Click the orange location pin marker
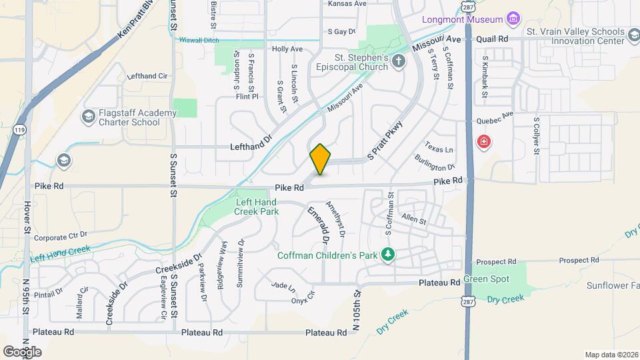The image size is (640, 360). click(x=320, y=159)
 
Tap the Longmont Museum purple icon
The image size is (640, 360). click(x=513, y=18)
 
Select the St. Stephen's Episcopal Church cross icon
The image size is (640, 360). click(x=399, y=62)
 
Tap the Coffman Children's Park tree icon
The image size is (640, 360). click(x=387, y=254)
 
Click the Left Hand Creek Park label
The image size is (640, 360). click(x=256, y=206)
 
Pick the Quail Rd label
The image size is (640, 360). click(x=493, y=39)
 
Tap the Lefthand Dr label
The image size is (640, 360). click(x=251, y=146)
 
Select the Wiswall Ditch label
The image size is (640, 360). click(x=199, y=40)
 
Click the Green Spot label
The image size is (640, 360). click(x=486, y=279)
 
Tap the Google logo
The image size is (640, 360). click(x=22, y=351)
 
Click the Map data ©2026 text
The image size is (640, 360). click(x=610, y=355)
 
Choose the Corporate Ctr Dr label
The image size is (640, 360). click(x=61, y=237)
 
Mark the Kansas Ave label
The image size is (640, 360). click(x=347, y=3)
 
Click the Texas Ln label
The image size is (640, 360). click(x=439, y=149)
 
